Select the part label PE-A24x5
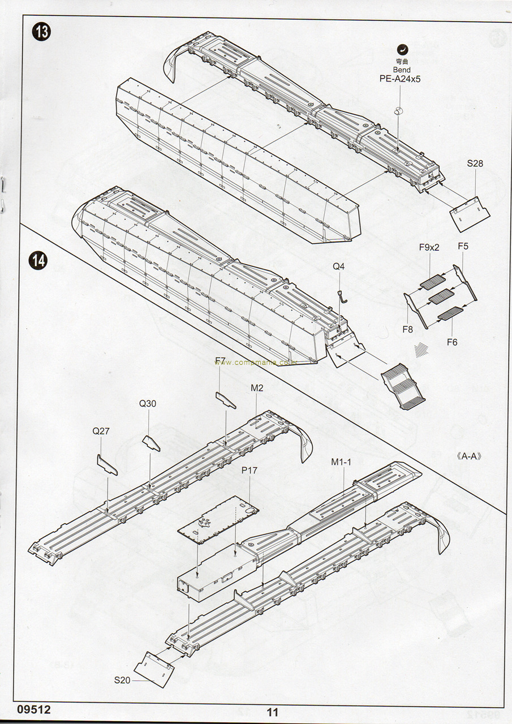click(400, 79)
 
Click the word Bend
click(400, 70)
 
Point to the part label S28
click(475, 164)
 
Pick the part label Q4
click(338, 266)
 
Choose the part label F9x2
click(429, 247)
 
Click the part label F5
click(463, 247)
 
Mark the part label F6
click(452, 342)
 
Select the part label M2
click(257, 387)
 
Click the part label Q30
click(148, 403)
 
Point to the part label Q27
click(101, 431)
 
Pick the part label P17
click(249, 471)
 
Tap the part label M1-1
click(341, 462)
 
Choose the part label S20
click(122, 680)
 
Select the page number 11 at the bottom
click(273, 712)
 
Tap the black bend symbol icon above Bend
click(402, 49)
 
